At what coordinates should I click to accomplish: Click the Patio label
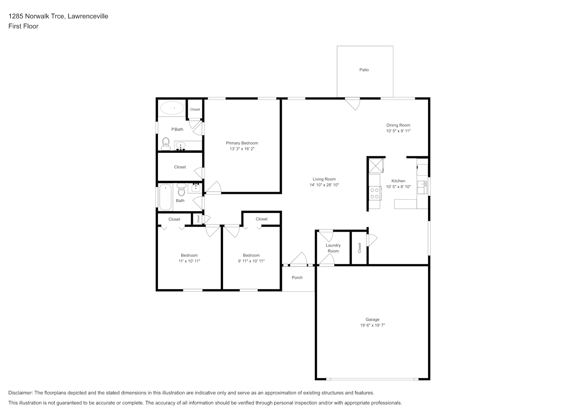pos(364,70)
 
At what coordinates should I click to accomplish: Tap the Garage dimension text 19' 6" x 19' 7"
pos(373,325)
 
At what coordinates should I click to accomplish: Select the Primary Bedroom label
pos(242,143)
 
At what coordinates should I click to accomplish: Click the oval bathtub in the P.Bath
pos(172,108)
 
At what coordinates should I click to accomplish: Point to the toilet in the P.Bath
pos(166,144)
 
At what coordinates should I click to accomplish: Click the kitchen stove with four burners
pos(375,193)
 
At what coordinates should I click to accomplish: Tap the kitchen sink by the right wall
pos(422,187)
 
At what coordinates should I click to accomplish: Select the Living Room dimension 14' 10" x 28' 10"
pos(324,185)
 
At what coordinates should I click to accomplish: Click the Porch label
pos(297,278)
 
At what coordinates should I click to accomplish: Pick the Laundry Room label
pos(333,248)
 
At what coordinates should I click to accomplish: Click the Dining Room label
pos(398,125)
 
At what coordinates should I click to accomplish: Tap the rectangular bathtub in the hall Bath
pos(165,197)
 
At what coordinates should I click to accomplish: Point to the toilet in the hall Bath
pos(181,189)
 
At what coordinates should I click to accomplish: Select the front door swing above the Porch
pos(298,259)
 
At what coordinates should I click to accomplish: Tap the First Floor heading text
pos(23,26)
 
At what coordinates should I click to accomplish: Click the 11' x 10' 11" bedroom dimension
pos(189,261)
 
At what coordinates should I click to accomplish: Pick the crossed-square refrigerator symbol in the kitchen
pos(376,166)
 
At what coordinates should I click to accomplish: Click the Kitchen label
pos(398,181)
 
